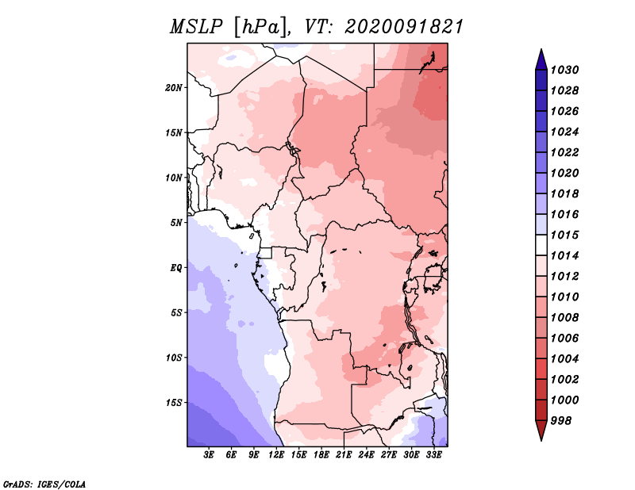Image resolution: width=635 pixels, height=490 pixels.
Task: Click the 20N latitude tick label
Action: point(173,88)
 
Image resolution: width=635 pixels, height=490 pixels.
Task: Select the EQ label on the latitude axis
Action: point(175,268)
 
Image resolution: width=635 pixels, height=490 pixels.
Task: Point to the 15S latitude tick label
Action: point(173,403)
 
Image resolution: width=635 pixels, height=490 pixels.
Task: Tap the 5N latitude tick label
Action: point(175,223)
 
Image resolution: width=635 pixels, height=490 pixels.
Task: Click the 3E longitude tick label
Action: point(209,455)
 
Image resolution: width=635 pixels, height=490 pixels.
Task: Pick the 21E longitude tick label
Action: point(344,455)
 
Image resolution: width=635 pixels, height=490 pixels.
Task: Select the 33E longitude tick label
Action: point(433,455)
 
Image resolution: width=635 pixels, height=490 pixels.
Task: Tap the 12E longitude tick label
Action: point(276,455)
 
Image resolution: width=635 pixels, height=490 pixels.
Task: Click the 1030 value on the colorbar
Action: point(564,70)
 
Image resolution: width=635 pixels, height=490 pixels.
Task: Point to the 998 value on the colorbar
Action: point(561,421)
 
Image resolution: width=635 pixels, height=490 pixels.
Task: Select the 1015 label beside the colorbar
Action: point(564,235)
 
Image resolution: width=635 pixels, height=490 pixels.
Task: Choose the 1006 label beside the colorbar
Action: point(564,339)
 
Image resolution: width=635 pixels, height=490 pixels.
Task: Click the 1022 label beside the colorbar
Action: point(564,152)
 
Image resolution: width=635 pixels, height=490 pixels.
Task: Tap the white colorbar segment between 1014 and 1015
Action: point(541,245)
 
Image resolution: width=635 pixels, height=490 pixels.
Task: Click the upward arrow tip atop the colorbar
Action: point(541,49)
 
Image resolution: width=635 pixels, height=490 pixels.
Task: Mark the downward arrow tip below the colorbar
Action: point(541,440)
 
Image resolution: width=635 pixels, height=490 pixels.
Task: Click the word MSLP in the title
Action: point(196,27)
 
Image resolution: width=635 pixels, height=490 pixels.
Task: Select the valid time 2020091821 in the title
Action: point(404,27)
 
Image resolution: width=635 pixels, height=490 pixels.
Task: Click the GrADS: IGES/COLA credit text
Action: point(44,484)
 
